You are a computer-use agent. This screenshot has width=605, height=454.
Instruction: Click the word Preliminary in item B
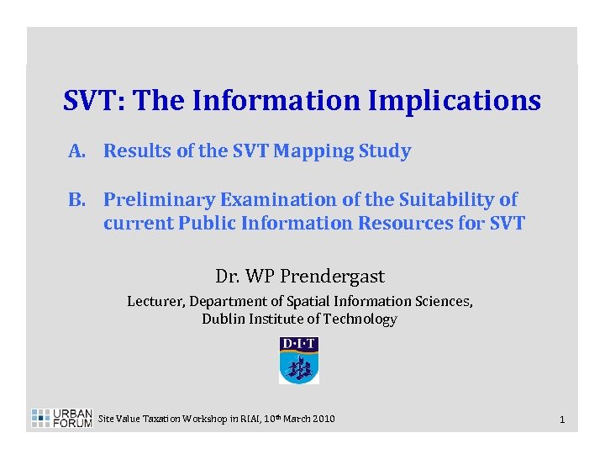pyautogui.click(x=160, y=201)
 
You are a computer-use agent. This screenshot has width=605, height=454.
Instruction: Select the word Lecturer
pyautogui.click(x=155, y=301)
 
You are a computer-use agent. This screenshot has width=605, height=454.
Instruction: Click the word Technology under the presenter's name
pyautogui.click(x=364, y=319)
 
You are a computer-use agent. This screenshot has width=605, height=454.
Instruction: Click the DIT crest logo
pyautogui.click(x=298, y=361)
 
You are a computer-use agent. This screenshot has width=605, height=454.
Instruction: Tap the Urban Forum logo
pyautogui.click(x=61, y=418)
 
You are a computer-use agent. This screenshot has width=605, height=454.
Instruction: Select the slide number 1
pyautogui.click(x=561, y=419)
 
